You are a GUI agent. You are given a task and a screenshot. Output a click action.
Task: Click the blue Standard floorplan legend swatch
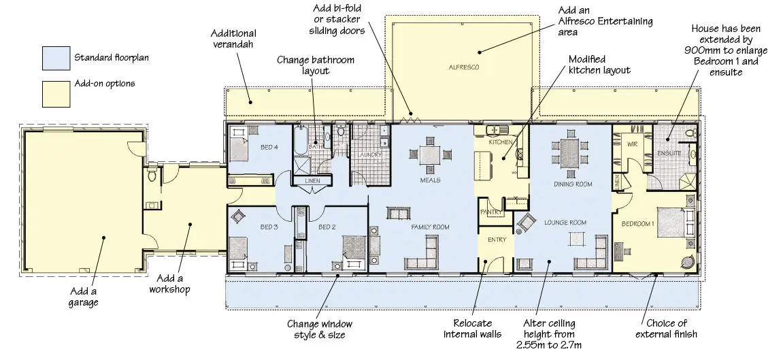point(56,59)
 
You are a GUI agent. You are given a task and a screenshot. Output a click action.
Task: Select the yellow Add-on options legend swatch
point(56,95)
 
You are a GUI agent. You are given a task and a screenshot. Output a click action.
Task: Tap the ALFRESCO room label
point(464,67)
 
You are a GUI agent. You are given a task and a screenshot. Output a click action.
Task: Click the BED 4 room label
point(269,147)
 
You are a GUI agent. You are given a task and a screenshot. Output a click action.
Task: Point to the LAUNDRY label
point(369,154)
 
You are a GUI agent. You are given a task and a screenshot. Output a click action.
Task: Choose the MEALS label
point(430,180)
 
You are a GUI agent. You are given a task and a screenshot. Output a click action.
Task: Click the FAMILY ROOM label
point(430,227)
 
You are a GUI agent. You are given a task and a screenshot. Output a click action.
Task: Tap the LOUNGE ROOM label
point(565,223)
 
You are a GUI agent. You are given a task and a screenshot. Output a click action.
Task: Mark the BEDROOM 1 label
point(637,224)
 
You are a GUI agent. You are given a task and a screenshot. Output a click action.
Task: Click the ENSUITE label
point(669,153)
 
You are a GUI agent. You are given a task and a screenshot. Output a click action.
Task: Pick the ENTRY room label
point(497,240)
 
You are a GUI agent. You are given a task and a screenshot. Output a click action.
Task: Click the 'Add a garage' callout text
point(84,297)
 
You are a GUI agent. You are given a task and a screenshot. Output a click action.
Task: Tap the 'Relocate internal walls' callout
point(472,329)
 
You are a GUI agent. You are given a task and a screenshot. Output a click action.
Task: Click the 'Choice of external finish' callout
point(666,329)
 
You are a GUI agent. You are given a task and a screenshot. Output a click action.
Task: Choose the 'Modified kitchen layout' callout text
point(599,65)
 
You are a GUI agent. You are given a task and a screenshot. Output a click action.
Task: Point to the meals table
point(430,154)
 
